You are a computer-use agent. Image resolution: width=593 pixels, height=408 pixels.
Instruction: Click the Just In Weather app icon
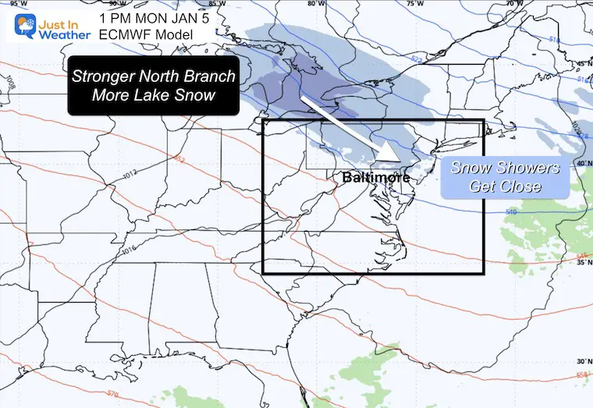tap(16, 23)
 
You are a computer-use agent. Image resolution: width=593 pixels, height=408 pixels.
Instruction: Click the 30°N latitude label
tap(582, 361)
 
